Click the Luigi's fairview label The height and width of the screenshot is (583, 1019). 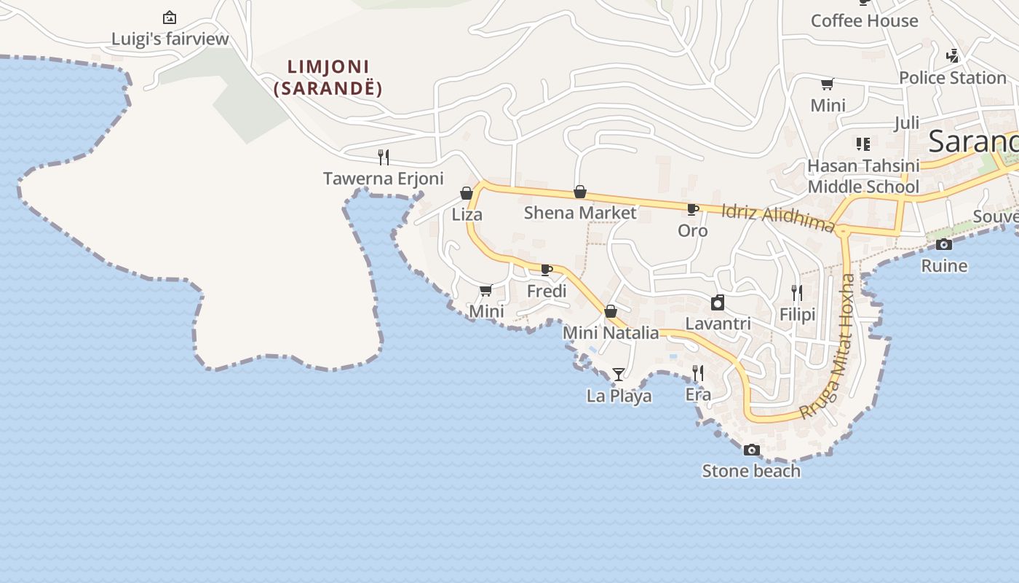point(170,39)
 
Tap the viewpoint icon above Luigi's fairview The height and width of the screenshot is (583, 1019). point(170,17)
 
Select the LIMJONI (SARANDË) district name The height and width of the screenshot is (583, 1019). point(328,77)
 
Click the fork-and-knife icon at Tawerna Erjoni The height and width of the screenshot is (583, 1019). point(383,157)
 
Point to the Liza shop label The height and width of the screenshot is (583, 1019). point(467,214)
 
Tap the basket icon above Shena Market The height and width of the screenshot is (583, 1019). point(580,192)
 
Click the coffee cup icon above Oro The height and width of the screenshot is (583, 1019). point(693,210)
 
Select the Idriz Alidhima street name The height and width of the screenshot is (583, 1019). point(777,218)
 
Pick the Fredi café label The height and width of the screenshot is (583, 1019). point(547,291)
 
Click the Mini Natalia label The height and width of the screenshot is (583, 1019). point(611,333)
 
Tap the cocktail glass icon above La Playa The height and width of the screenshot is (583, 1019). point(619,375)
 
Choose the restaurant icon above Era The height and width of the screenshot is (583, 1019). point(697,373)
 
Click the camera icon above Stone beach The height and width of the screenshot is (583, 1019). point(752,450)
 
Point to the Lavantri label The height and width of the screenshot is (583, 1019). point(718,323)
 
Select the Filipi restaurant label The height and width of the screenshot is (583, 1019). point(797,314)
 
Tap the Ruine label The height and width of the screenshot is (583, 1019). point(944,265)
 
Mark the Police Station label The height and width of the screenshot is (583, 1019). point(952,77)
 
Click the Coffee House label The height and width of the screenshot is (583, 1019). point(864,20)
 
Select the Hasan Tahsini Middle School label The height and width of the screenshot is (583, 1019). point(863,176)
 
